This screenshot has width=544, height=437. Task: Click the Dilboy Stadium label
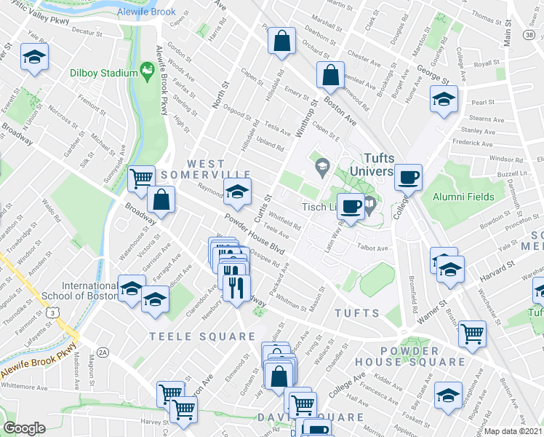coord(104,73)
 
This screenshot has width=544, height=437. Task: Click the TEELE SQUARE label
coord(202,336)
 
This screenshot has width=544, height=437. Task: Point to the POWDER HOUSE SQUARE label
coord(410,355)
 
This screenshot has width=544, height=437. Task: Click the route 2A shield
coord(103,353)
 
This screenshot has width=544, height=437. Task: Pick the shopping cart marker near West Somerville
coord(141,178)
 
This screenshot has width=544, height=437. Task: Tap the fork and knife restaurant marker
coord(236,286)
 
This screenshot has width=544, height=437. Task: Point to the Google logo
coord(24,428)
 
